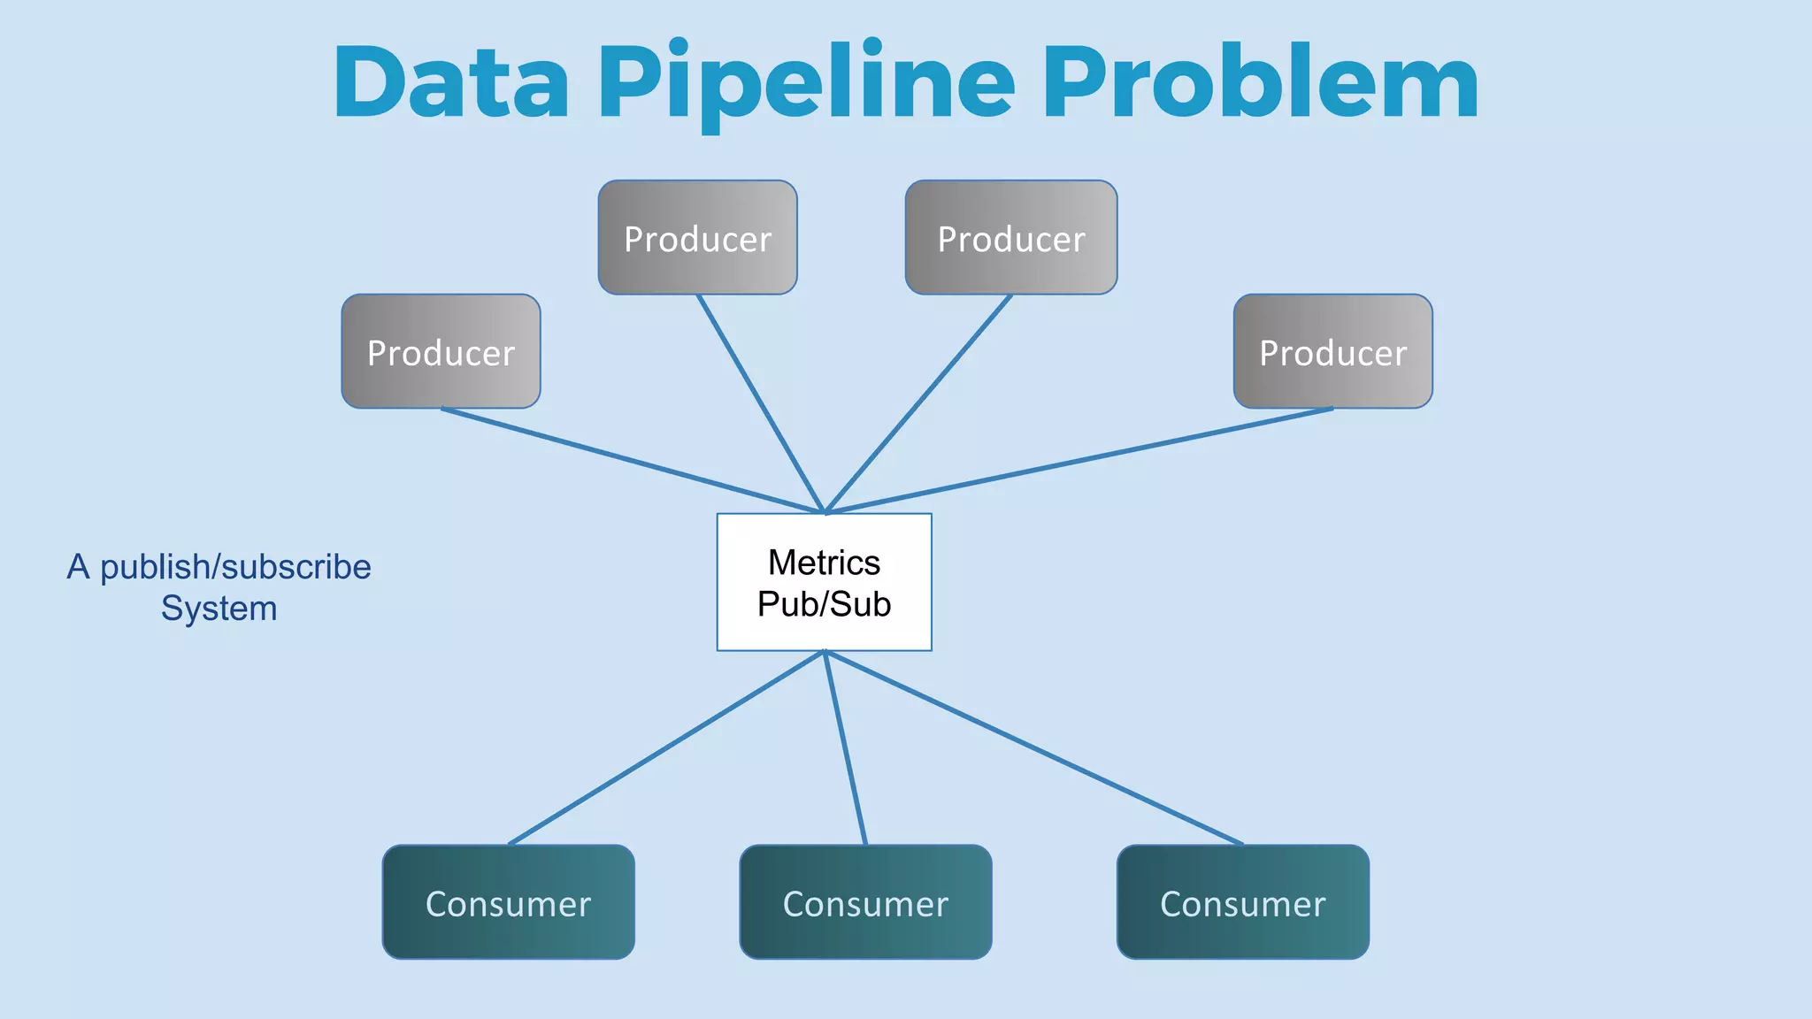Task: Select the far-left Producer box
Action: [441, 351]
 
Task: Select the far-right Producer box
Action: [1332, 351]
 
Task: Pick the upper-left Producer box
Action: [697, 237]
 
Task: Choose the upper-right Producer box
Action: [1010, 237]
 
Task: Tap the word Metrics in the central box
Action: [824, 563]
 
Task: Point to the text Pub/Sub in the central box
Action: [824, 604]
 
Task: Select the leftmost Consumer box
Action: [508, 902]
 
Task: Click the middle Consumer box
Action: [865, 902]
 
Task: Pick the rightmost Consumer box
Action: [1242, 902]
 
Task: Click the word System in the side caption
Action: [219, 609]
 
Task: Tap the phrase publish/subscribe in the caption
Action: [235, 567]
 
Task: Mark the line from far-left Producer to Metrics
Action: [633, 460]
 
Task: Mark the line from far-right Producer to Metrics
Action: [1079, 460]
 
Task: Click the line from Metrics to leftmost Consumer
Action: [666, 748]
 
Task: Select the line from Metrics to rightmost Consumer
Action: [1033, 748]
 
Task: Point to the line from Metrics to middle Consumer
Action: [845, 748]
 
